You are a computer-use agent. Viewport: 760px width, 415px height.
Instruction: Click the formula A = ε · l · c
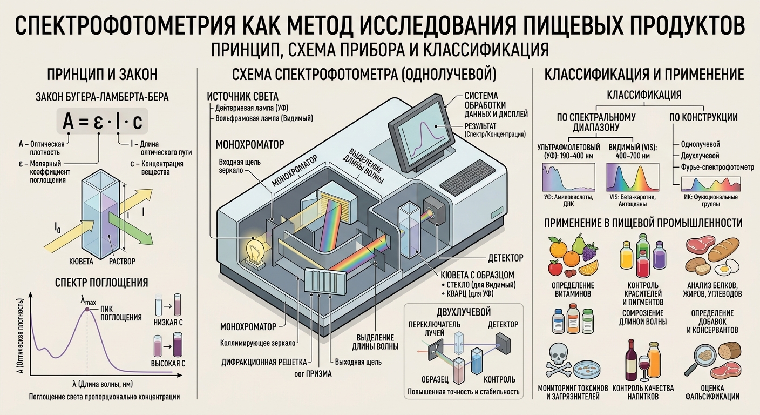102,121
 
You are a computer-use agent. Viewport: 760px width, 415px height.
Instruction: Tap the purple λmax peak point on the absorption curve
87,310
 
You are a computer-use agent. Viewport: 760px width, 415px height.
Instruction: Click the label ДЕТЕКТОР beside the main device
506,258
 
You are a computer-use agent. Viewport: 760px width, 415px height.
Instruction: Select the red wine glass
644,367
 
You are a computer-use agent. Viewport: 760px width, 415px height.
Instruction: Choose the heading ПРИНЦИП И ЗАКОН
102,75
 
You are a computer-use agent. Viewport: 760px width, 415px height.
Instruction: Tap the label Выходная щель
358,362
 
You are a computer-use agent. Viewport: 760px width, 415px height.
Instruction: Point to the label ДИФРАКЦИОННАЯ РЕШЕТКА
264,363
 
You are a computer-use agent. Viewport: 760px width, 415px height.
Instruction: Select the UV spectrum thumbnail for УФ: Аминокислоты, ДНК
568,177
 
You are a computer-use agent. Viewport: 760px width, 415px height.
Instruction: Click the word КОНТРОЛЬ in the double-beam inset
499,379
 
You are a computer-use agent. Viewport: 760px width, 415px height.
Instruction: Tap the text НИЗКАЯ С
168,322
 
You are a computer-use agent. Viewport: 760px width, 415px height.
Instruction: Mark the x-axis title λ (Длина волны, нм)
103,384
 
